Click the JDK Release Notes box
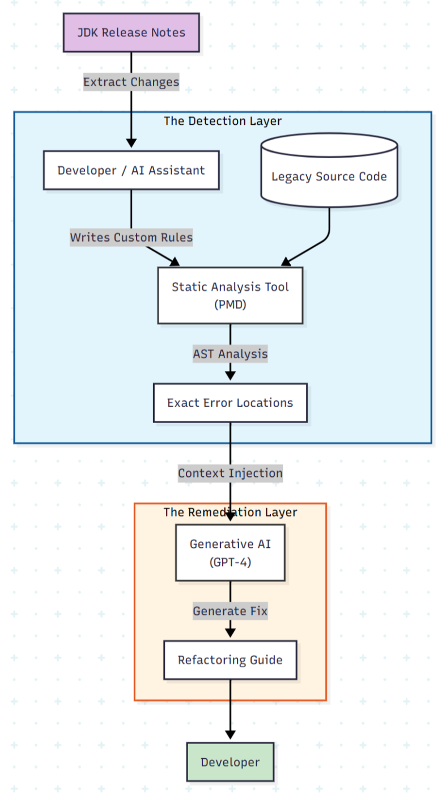pos(131,32)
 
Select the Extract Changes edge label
pos(131,82)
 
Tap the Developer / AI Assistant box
pos(131,170)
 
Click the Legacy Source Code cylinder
pos(329,176)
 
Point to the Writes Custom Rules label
pos(131,237)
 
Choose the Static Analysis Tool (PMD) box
pos(230,295)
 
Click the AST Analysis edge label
pos(230,354)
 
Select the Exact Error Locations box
pos(230,403)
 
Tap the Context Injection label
pos(230,473)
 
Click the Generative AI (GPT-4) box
pos(230,552)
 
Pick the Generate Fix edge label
pos(230,611)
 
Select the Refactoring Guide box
pos(230,660)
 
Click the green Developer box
pos(230,762)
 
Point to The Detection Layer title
pos(222,121)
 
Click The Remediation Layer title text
pos(230,512)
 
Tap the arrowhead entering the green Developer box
pos(230,736)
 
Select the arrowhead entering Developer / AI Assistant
pos(131,143)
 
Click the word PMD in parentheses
pos(230,305)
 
